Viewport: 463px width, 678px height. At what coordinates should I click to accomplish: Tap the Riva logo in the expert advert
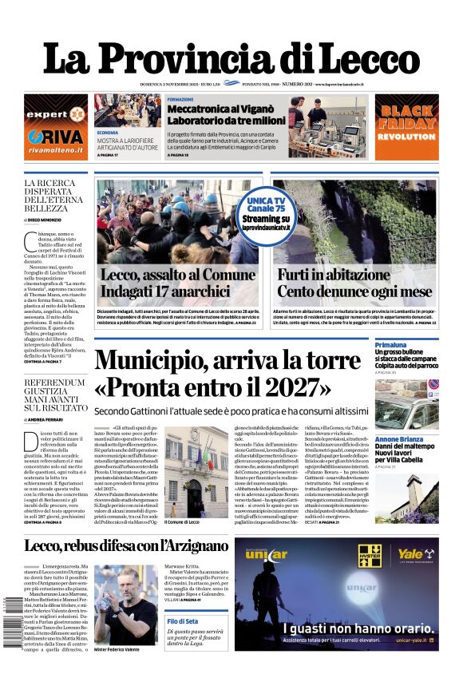56,136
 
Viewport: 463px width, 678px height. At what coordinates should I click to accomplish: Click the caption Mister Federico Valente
125,649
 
